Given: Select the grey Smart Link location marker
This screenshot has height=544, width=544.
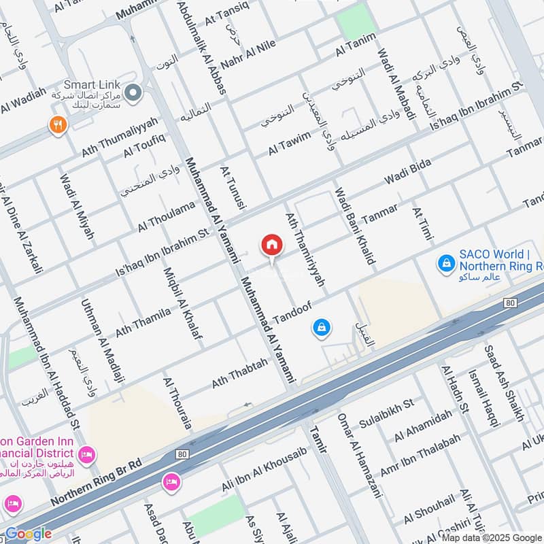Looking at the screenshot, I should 133,91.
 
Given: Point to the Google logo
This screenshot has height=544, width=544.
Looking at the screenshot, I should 29,534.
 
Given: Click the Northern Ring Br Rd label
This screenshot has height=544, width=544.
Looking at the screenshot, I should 96,482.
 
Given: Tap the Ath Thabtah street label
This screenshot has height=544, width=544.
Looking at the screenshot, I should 239,374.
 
